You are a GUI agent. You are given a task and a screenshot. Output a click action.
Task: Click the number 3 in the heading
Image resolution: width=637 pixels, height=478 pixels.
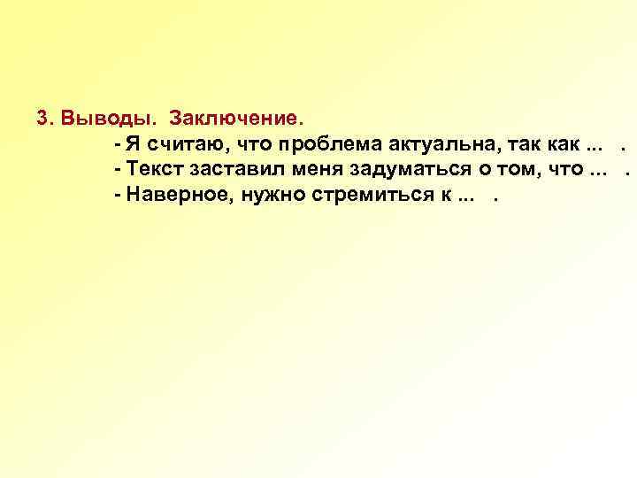[42, 118]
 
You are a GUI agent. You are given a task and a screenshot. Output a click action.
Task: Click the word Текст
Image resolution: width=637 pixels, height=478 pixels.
[155, 168]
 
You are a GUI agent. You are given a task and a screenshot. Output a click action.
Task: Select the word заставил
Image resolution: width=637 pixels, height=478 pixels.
[228, 168]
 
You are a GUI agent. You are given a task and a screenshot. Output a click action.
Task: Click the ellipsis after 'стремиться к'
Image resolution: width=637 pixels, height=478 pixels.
[464, 197]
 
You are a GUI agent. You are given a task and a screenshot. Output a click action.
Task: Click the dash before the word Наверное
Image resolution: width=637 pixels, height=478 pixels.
[118, 194]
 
